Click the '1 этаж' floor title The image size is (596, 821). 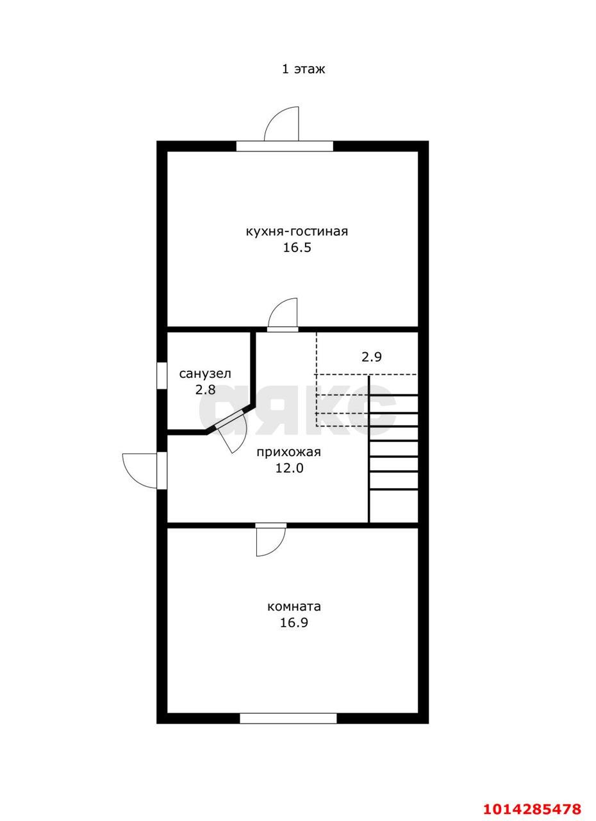click(303, 69)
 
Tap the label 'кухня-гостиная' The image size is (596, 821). click(297, 232)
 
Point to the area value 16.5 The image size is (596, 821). click(297, 248)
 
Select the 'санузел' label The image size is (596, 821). click(205, 374)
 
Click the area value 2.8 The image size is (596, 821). click(205, 389)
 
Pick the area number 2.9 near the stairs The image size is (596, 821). click(372, 357)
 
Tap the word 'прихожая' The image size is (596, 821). click(288, 452)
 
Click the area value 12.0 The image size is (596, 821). click(289, 468)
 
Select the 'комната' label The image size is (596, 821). click(294, 607)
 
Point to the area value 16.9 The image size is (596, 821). click(294, 622)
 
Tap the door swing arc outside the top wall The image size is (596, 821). click(274, 117)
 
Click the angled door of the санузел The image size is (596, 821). click(231, 430)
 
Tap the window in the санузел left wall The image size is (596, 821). click(161, 375)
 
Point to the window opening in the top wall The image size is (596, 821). click(285, 146)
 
